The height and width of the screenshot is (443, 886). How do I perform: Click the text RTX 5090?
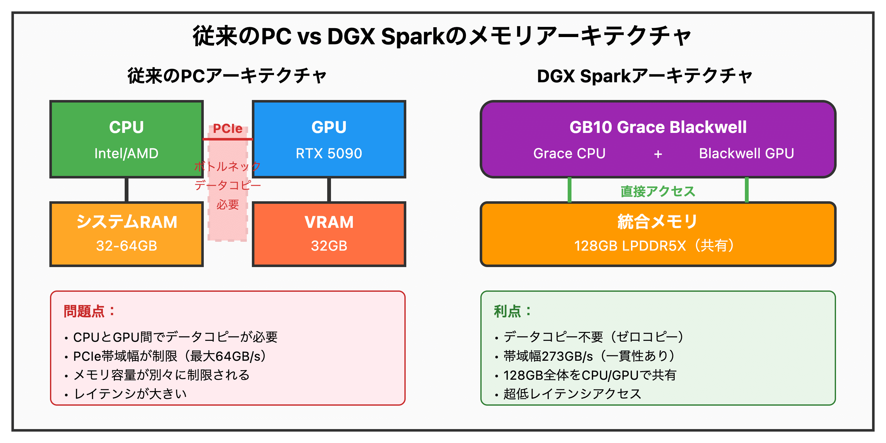329,153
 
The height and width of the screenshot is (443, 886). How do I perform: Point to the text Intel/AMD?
126,153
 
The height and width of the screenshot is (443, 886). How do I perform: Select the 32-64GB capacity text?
126,246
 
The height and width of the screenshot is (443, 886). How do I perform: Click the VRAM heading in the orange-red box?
329,222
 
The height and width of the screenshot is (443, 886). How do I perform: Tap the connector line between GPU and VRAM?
329,190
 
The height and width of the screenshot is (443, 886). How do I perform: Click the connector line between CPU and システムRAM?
127,190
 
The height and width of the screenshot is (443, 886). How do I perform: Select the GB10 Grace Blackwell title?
658,127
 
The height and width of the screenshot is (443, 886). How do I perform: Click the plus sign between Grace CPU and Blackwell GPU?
658,154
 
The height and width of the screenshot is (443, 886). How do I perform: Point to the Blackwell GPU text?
746,153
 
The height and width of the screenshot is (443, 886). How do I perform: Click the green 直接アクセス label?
658,191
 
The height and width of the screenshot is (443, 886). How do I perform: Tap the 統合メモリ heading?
658,222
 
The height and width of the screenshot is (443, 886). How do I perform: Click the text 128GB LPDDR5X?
629,246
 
